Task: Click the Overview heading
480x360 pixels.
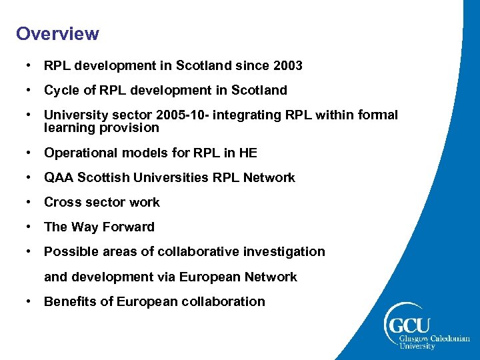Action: [x=57, y=33]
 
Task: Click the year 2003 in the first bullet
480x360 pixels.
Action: [x=288, y=65]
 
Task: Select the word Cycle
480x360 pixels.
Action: [x=61, y=90]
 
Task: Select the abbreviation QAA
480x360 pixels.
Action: [x=59, y=177]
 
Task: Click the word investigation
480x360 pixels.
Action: [x=284, y=251]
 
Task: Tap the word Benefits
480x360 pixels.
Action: [x=70, y=301]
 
